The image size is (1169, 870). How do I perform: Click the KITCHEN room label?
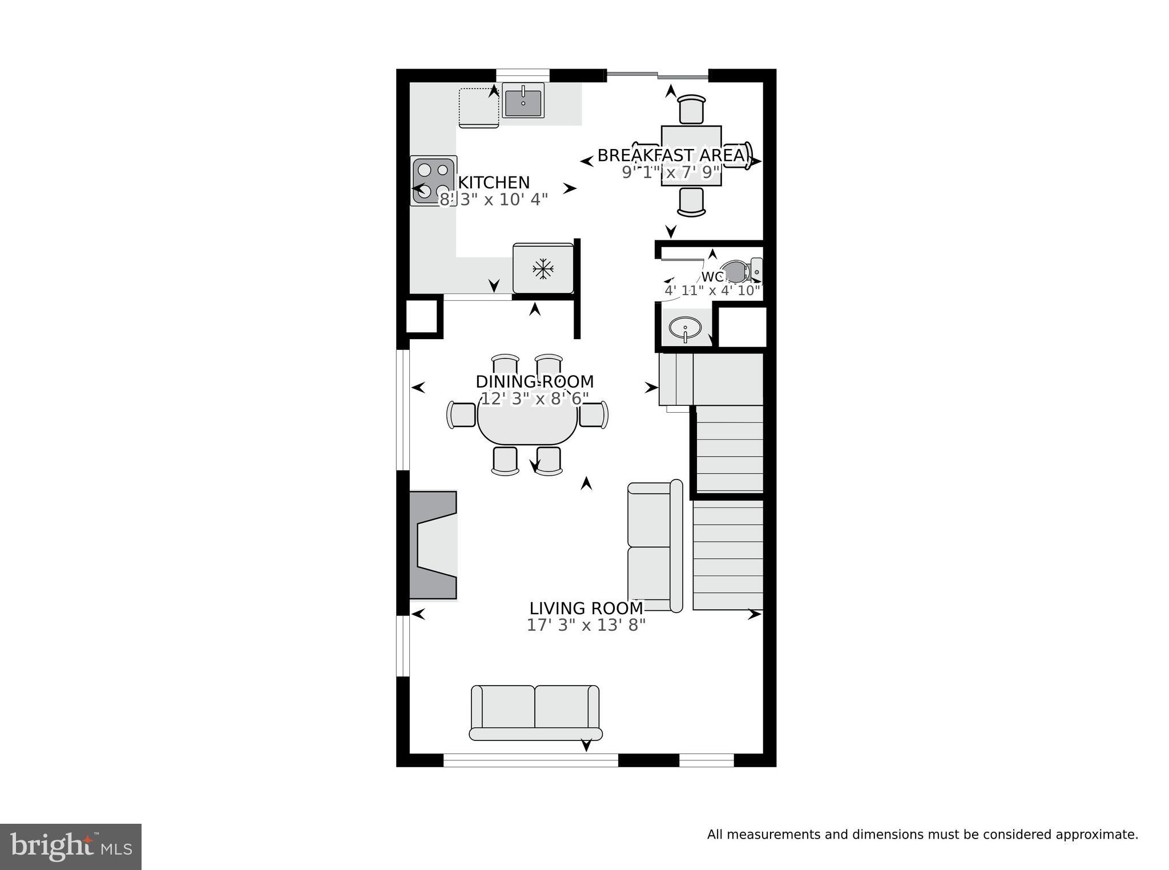[x=494, y=183]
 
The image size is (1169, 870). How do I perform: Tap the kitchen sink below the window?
[x=523, y=102]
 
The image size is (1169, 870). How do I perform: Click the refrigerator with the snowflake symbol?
[x=543, y=268]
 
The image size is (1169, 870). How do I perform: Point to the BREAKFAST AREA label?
[x=671, y=155]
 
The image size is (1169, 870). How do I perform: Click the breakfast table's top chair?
[x=691, y=109]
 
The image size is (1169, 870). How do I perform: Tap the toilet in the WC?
[x=739, y=271]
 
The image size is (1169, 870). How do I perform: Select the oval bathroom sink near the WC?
[x=685, y=329]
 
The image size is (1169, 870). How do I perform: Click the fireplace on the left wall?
[x=434, y=545]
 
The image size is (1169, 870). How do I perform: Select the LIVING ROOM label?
[x=586, y=609]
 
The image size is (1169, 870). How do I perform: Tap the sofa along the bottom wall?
[x=535, y=714]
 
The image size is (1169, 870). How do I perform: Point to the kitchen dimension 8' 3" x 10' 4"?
[x=493, y=200]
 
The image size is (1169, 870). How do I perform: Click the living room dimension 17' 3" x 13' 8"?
[x=586, y=626]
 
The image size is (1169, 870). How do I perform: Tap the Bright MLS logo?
[x=70, y=847]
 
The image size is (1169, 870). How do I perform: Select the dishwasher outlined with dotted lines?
[x=478, y=107]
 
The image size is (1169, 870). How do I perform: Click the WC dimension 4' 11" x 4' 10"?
[x=712, y=291]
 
